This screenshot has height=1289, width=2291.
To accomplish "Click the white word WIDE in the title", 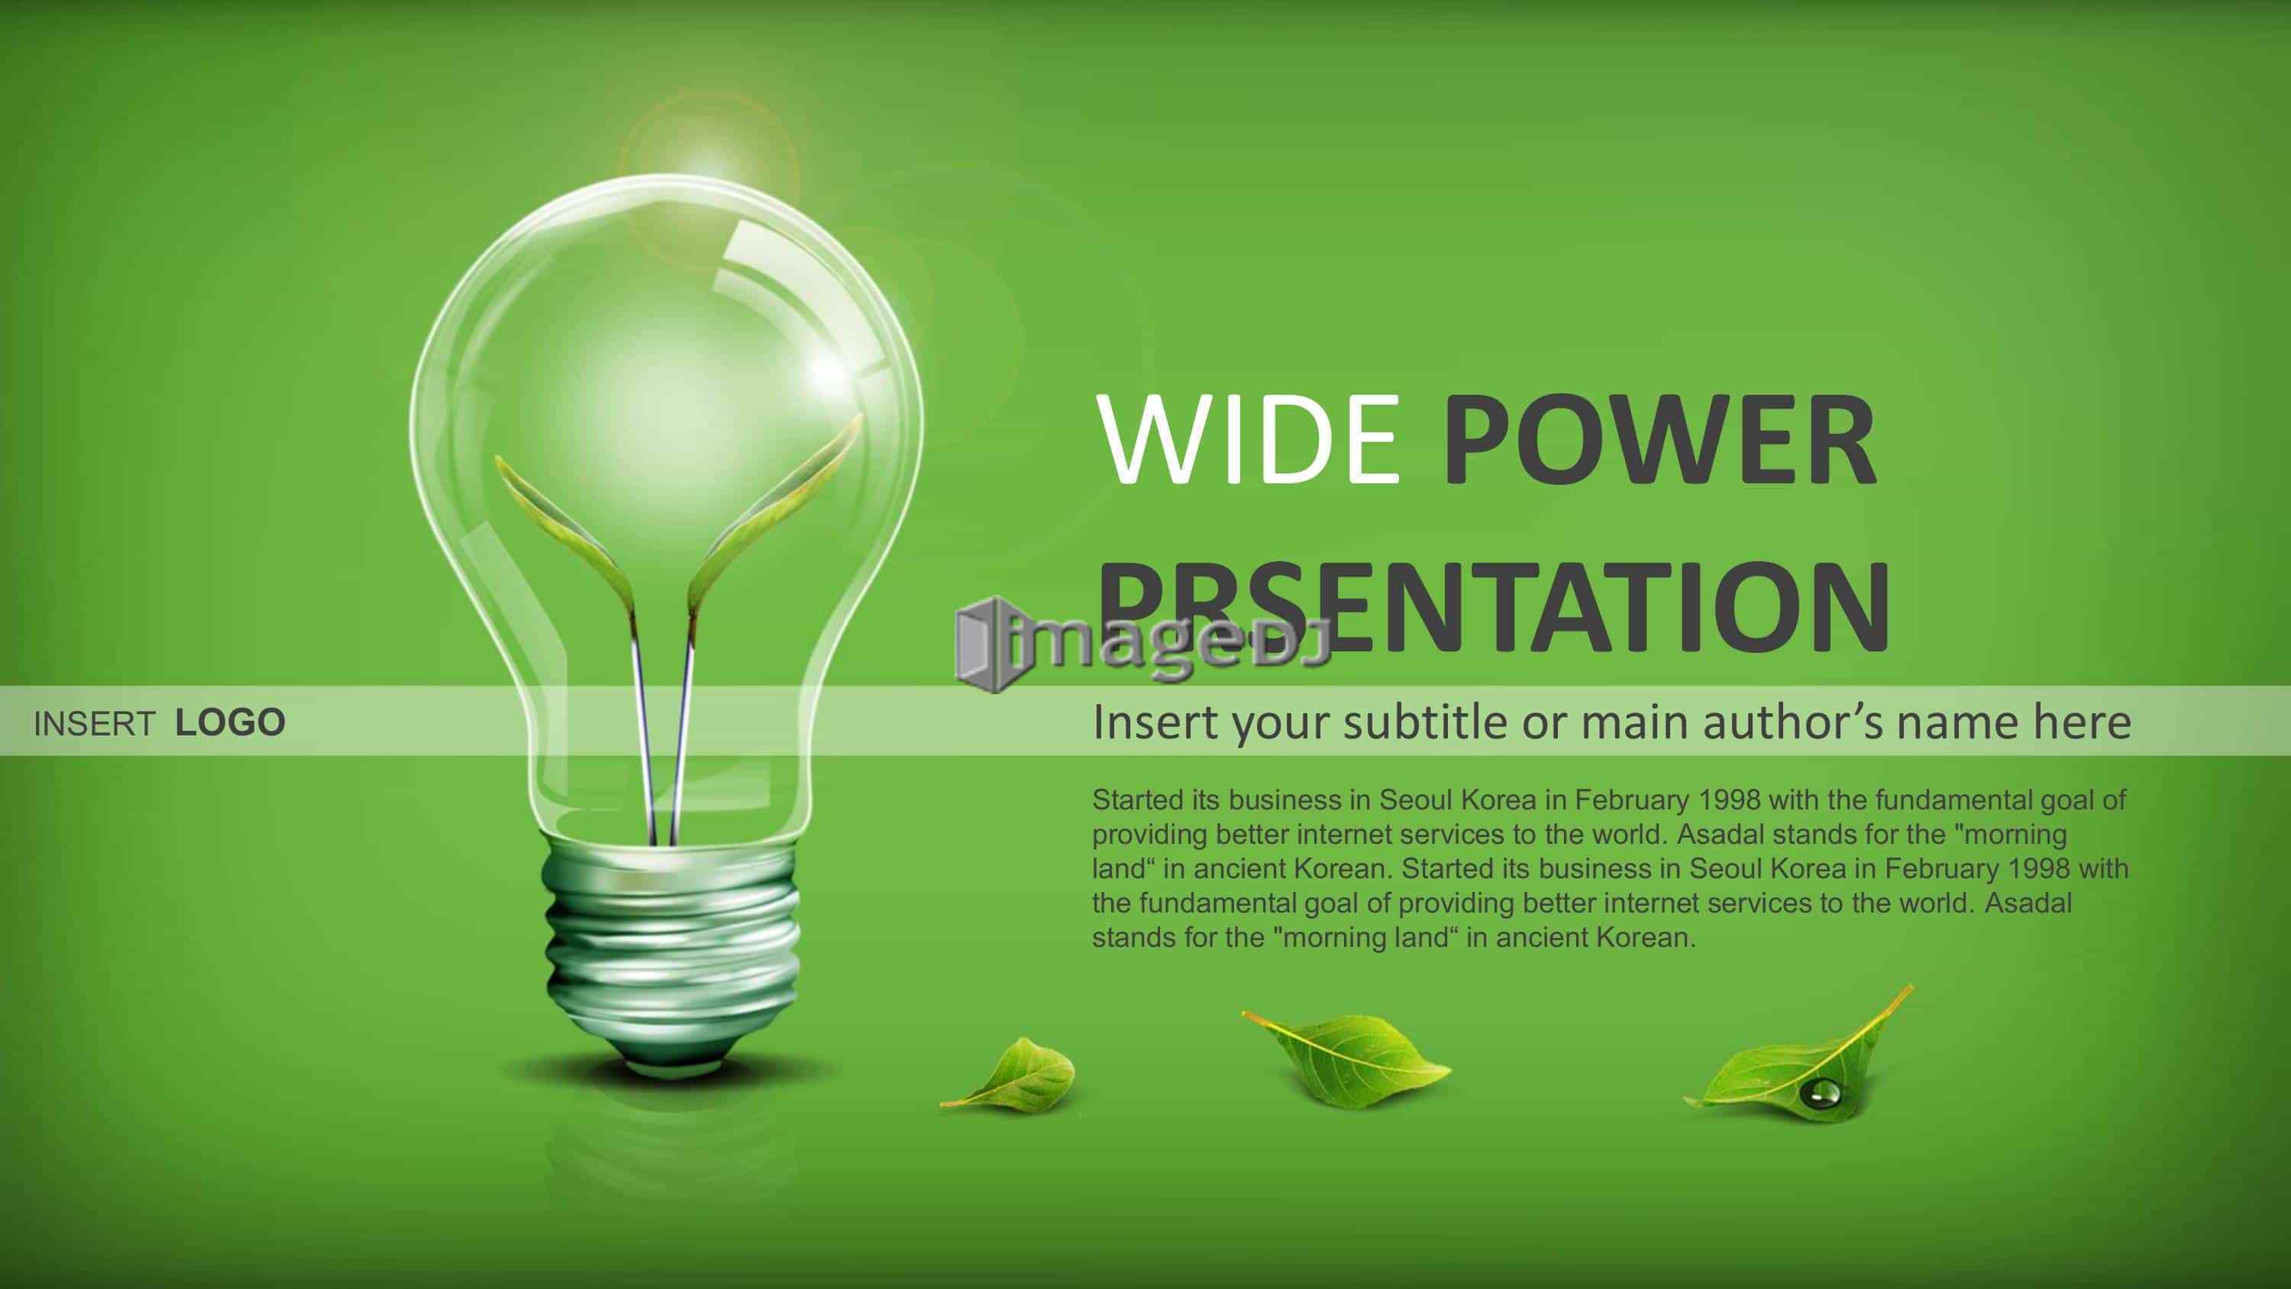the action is coord(1248,442).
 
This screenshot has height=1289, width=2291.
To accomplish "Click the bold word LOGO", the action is coord(231,723).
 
